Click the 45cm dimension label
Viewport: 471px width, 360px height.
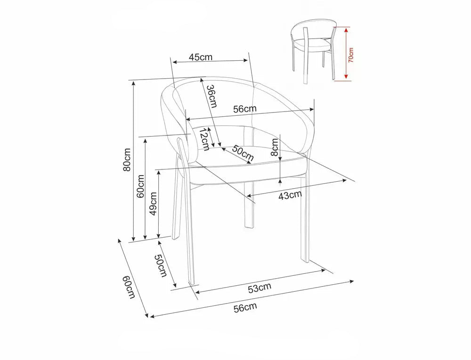tap(200, 56)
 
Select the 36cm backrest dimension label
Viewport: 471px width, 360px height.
tap(211, 96)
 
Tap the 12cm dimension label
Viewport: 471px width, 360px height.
tap(203, 139)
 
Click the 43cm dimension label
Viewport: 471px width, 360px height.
tap(290, 195)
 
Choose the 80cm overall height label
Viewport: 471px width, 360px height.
tap(127, 160)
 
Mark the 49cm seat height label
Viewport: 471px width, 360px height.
tap(154, 204)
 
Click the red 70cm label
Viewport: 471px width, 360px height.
tap(351, 55)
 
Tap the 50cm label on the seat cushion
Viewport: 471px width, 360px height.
tap(243, 153)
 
